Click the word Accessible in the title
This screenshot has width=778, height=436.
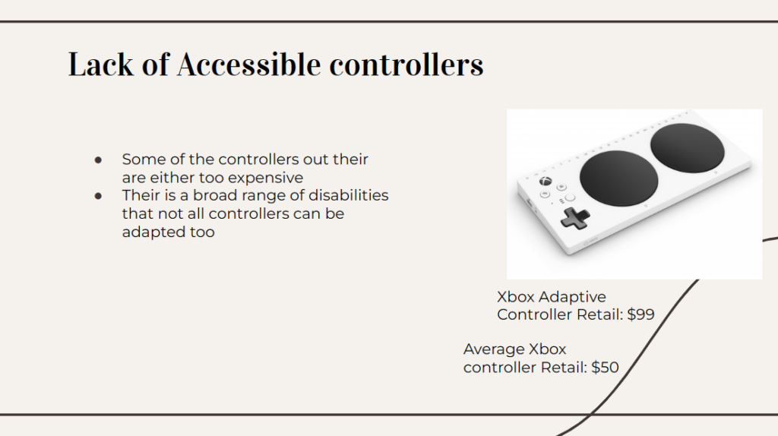click(x=248, y=65)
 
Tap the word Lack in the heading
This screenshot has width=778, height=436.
click(x=101, y=65)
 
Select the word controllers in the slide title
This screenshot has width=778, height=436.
click(x=406, y=65)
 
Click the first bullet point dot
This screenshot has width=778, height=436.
click(x=98, y=160)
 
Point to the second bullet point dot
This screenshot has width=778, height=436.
click(x=98, y=196)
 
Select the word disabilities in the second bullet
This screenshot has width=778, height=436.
click(x=348, y=195)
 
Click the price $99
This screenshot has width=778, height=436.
click(x=640, y=314)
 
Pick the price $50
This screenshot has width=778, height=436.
click(x=605, y=368)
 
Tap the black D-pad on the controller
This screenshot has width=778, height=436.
click(x=575, y=218)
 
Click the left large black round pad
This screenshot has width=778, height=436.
click(x=618, y=178)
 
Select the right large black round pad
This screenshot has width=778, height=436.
click(x=687, y=148)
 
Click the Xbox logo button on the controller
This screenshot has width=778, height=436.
click(x=546, y=182)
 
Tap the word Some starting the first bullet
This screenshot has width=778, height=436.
click(x=141, y=160)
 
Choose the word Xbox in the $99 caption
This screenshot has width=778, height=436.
click(x=516, y=297)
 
